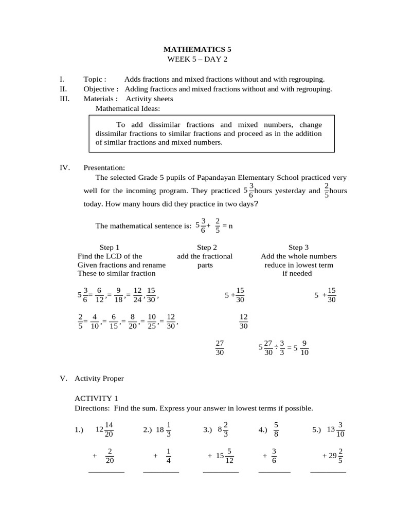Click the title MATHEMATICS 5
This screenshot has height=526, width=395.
(x=197, y=49)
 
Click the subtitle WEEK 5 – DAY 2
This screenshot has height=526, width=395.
(x=197, y=59)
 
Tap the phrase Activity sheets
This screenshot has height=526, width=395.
(x=149, y=99)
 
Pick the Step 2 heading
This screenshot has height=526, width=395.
(x=207, y=247)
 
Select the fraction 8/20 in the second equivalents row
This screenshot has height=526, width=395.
(x=132, y=322)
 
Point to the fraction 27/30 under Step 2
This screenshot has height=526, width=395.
(x=220, y=348)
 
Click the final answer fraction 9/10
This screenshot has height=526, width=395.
(x=304, y=348)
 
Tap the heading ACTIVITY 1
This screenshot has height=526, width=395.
(x=96, y=398)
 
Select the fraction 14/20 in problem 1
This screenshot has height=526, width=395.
(x=109, y=429)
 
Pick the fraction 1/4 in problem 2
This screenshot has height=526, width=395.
(x=169, y=456)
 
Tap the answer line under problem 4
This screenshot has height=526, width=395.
(x=274, y=472)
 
